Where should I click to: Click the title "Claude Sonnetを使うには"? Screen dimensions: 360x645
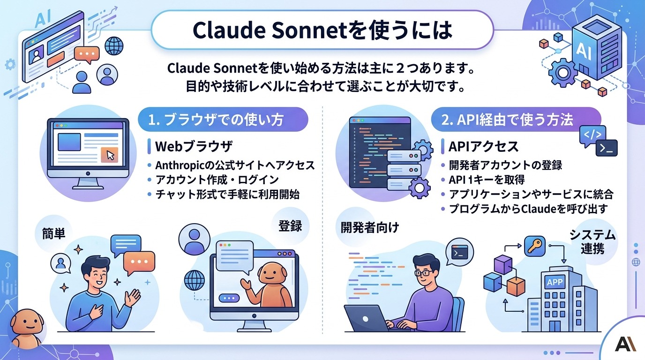click(322, 30)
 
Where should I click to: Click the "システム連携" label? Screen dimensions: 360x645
click(592, 241)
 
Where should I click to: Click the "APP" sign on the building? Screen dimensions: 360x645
click(556, 282)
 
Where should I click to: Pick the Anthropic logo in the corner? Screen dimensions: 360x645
click(625, 344)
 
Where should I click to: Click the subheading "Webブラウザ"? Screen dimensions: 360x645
click(194, 147)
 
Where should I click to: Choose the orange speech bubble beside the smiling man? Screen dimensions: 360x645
click(139, 262)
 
